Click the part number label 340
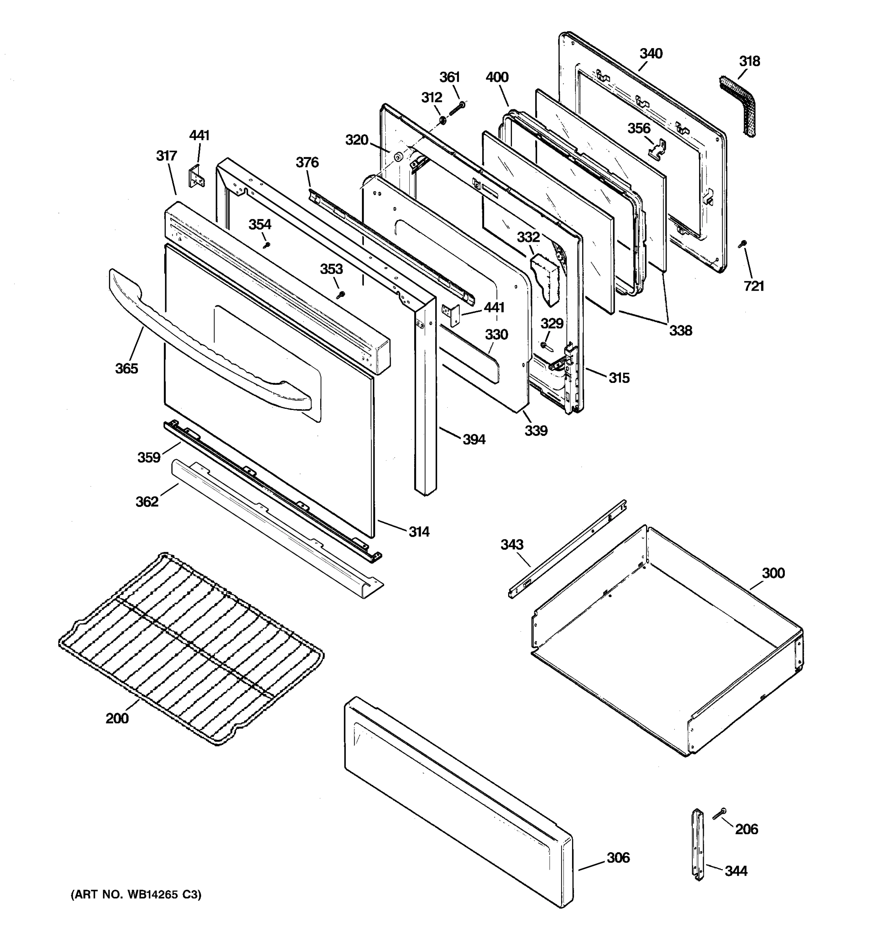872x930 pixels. click(x=651, y=53)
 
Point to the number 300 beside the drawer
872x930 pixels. click(x=773, y=573)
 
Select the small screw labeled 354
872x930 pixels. click(x=267, y=245)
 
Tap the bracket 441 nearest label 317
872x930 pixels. click(x=196, y=176)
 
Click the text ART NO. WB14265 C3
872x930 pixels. click(x=136, y=895)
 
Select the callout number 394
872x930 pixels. click(x=474, y=439)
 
